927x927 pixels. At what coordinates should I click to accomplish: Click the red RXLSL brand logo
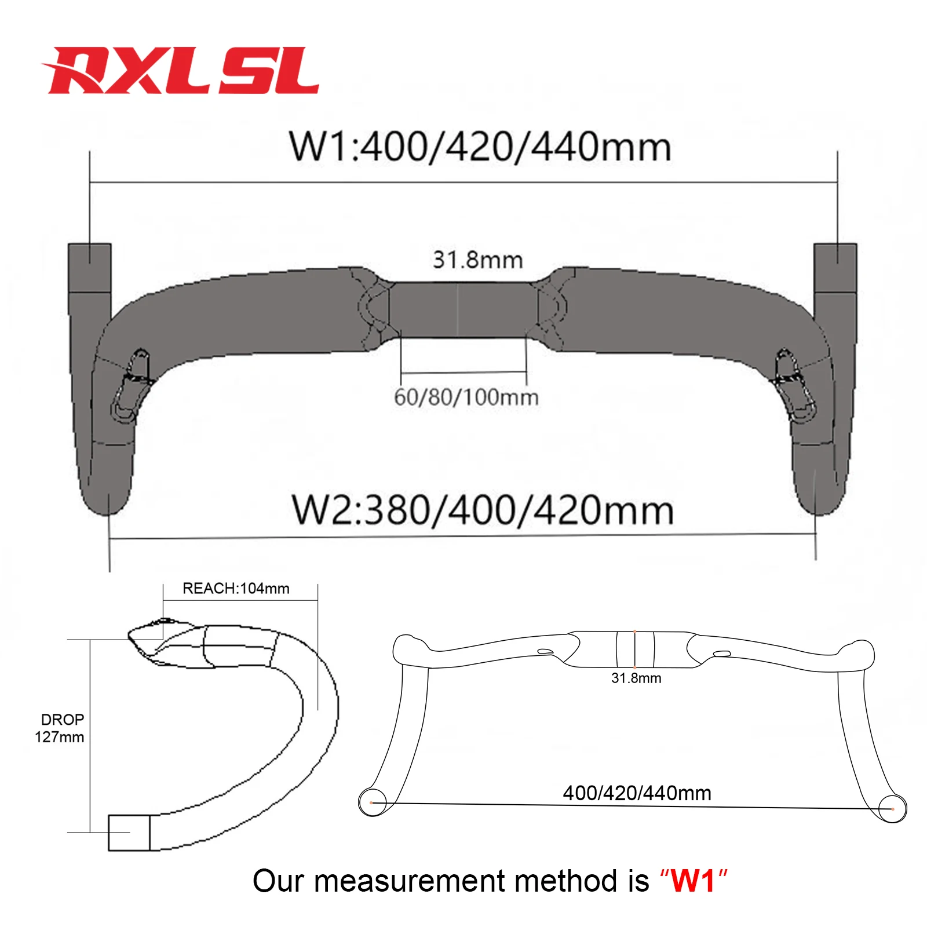[181, 71]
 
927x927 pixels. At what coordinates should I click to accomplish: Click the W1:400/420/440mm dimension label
[480, 147]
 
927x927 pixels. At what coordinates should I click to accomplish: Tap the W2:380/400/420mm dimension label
[483, 510]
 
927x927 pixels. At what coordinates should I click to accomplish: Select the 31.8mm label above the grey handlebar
[478, 260]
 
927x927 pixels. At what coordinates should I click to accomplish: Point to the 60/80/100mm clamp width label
[466, 397]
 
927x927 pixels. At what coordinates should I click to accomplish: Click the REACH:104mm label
[236, 589]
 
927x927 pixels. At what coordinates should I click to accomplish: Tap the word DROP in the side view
[63, 720]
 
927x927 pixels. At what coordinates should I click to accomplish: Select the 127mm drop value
[60, 738]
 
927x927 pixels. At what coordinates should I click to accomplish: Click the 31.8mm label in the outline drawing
[636, 678]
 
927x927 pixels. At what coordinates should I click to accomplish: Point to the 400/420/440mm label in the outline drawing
[637, 793]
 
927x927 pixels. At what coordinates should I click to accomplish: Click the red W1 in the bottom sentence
[693, 881]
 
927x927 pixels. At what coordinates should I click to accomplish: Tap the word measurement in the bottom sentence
[409, 881]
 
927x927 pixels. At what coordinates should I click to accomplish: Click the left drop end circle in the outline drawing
[372, 802]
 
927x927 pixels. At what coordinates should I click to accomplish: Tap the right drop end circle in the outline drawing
[892, 808]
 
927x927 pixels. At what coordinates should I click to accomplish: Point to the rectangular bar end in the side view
[129, 833]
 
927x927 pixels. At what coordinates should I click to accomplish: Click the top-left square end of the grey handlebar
[90, 268]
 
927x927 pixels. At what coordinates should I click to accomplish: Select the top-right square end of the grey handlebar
[835, 268]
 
